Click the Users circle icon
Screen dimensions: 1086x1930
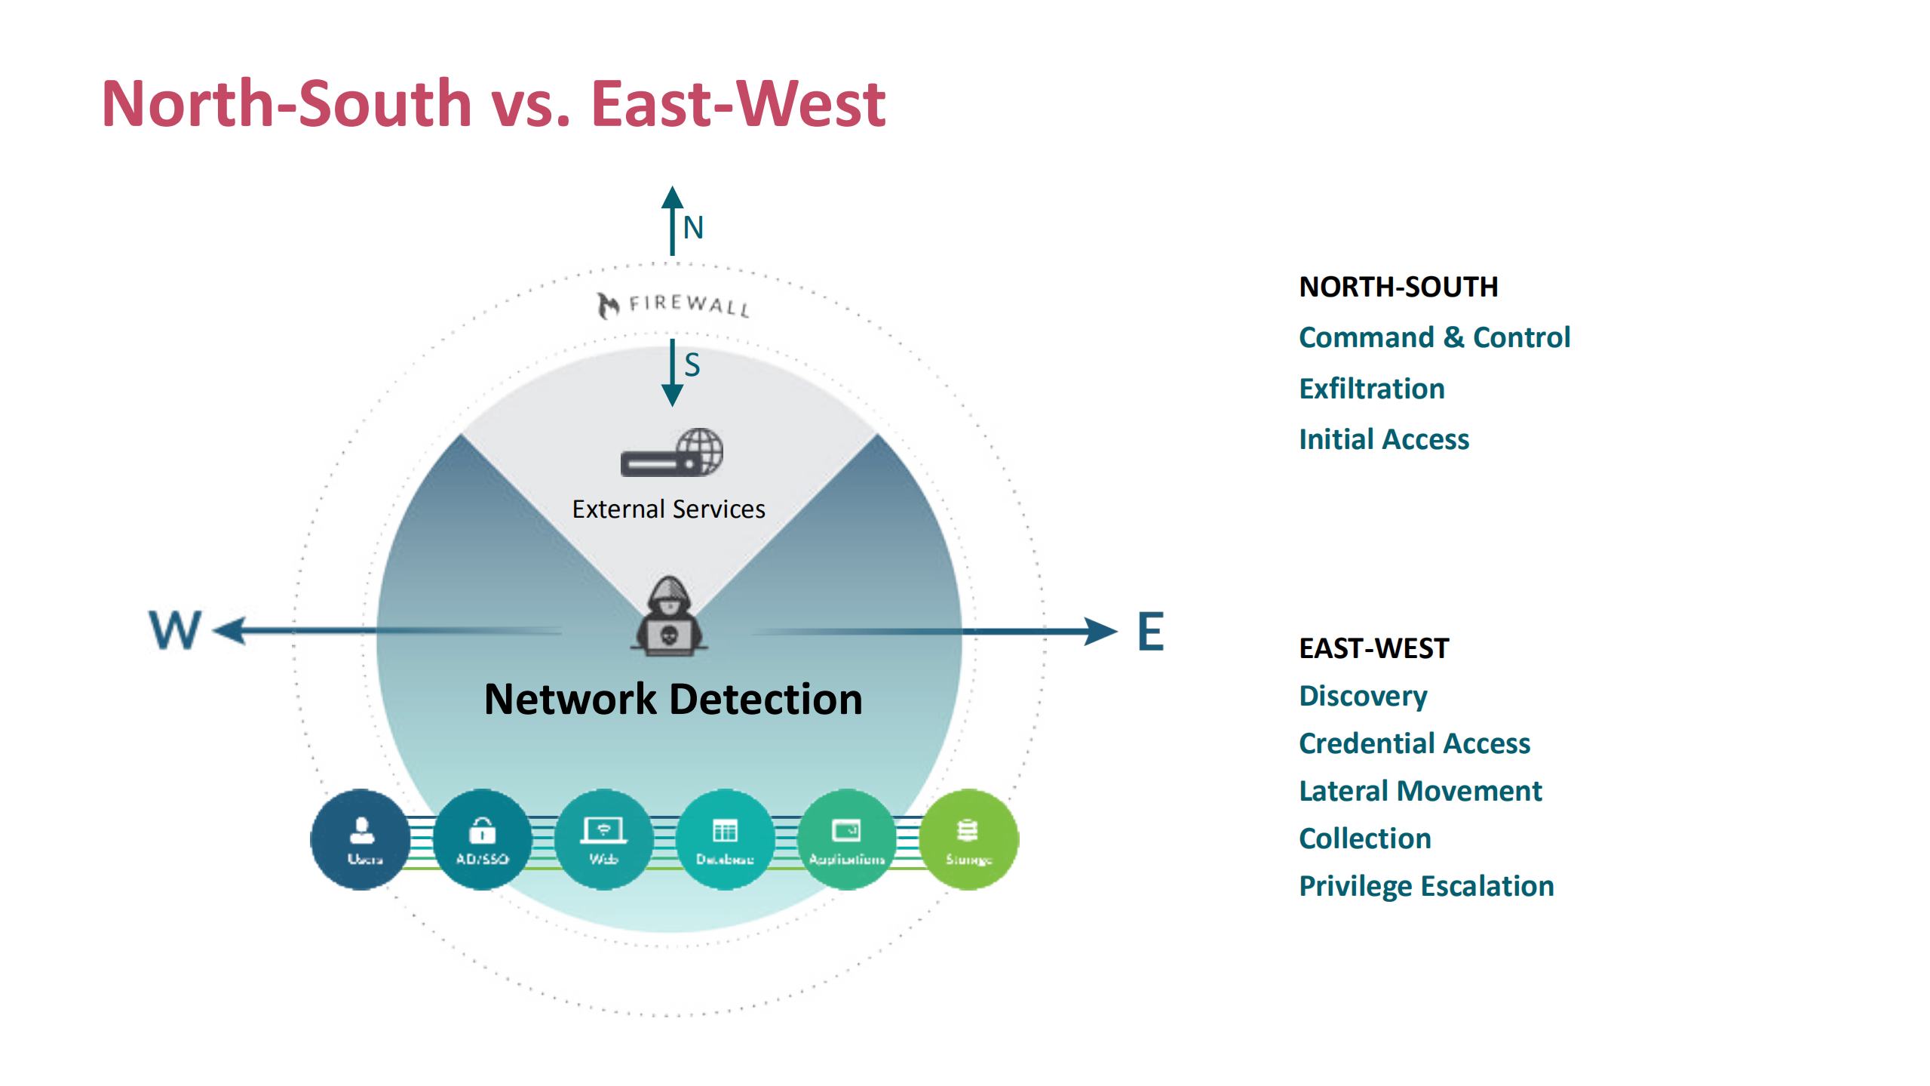[361, 839]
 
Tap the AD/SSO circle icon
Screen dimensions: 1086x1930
[483, 839]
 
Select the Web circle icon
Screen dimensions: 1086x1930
[603, 839]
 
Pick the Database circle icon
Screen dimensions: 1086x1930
[725, 839]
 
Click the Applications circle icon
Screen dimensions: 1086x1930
[846, 839]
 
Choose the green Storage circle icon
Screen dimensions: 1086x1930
[968, 839]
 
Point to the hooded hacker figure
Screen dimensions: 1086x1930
[669, 617]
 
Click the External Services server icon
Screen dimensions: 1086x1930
[671, 453]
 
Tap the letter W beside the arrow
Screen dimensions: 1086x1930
[175, 630]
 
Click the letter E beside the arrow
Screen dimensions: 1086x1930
[1150, 632]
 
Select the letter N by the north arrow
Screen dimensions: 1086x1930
[693, 228]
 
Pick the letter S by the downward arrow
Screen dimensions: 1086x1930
[692, 365]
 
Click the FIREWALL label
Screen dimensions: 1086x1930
[674, 305]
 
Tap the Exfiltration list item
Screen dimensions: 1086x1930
[1371, 389]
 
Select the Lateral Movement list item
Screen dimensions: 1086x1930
[1419, 791]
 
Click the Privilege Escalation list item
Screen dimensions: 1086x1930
[1425, 886]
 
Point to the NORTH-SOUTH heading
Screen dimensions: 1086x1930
[1398, 287]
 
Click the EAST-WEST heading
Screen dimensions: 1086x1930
[1373, 648]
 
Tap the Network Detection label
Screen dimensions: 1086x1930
[673, 699]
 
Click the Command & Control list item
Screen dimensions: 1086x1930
[1434, 337]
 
